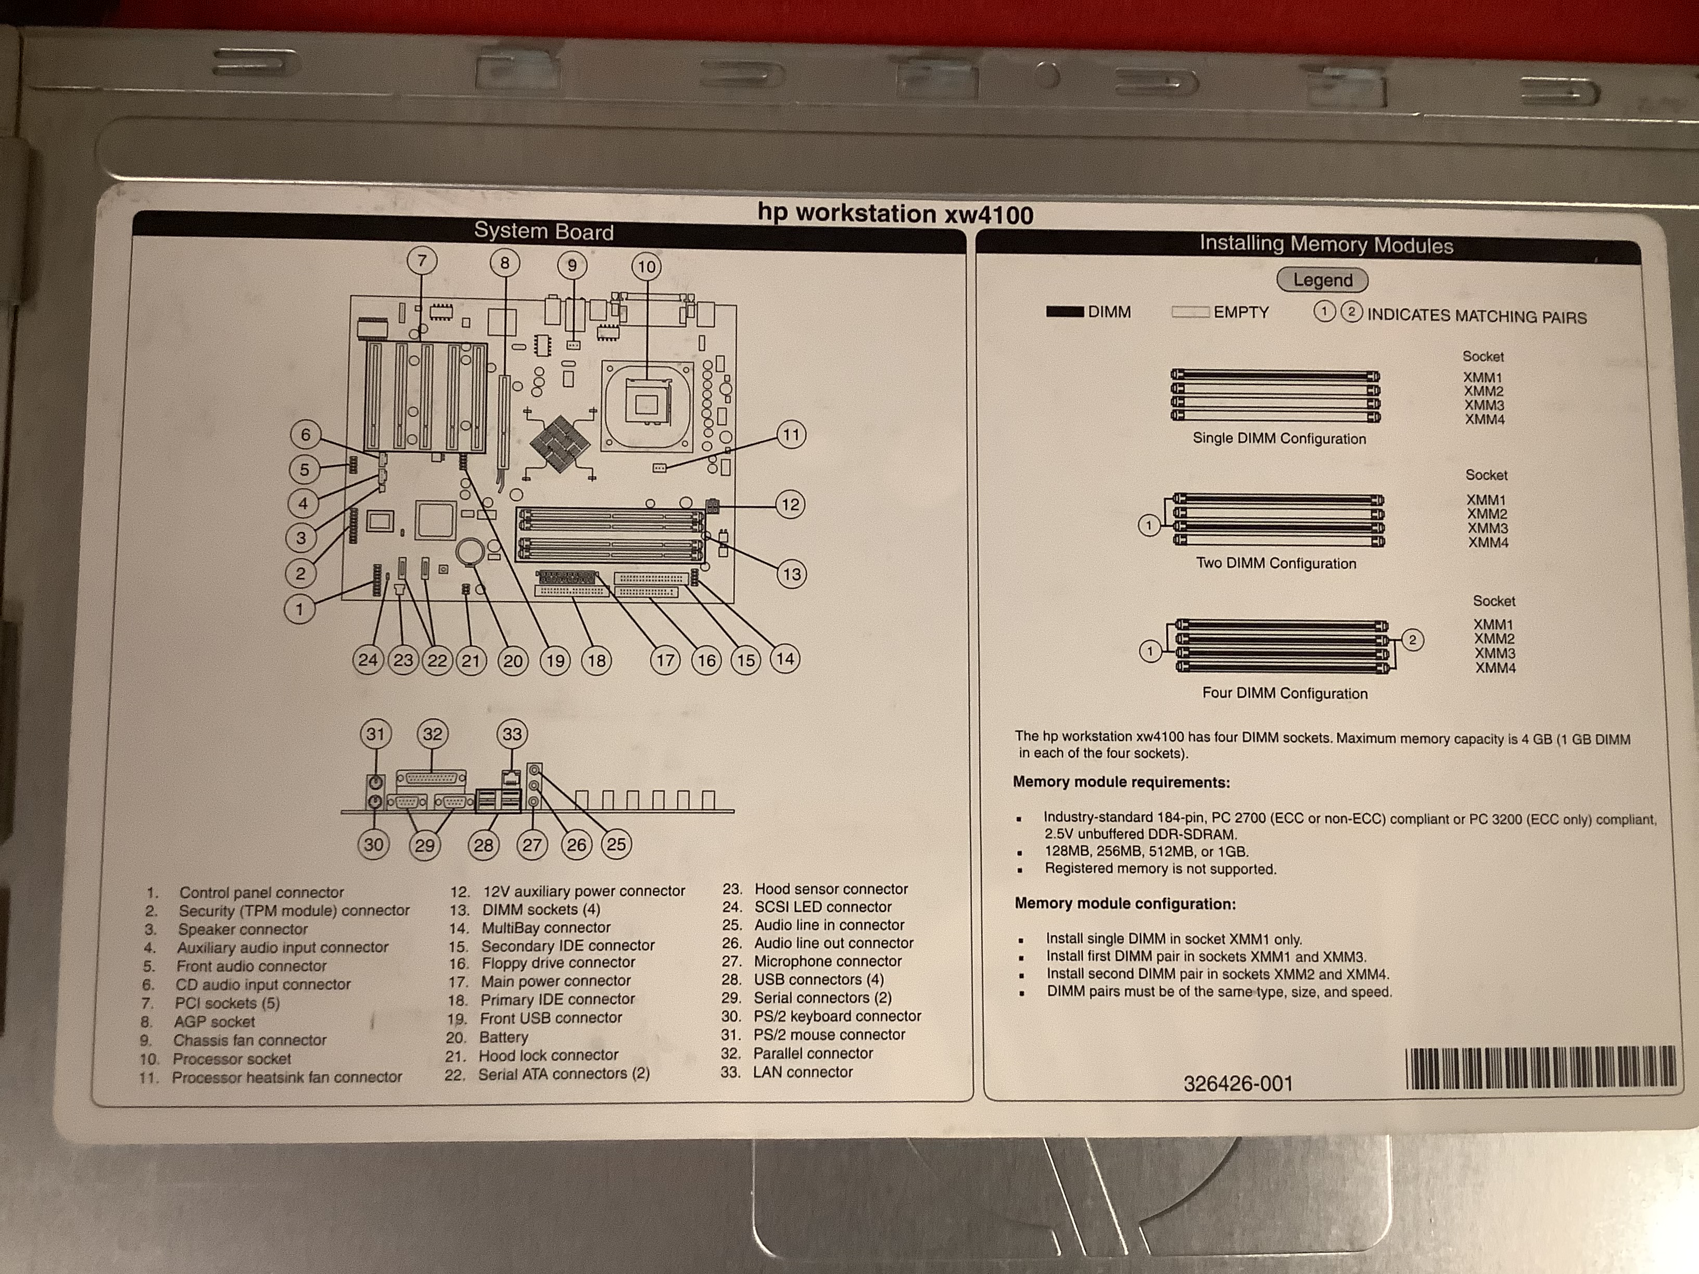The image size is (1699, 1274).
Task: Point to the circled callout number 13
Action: pyautogui.click(x=791, y=575)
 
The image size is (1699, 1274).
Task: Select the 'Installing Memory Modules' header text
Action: pyautogui.click(x=1326, y=245)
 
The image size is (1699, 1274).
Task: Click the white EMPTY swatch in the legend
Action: pyautogui.click(x=1190, y=312)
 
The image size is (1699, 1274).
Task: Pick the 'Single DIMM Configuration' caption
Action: pyautogui.click(x=1279, y=439)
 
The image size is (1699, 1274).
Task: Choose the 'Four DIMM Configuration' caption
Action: pyautogui.click(x=1284, y=693)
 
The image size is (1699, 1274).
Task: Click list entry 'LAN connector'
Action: pyautogui.click(x=803, y=1072)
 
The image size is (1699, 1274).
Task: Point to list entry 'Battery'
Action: pyautogui.click(x=503, y=1037)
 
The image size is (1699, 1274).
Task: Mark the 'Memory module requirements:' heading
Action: pyautogui.click(x=1121, y=783)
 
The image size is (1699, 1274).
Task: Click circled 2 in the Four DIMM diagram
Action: pyautogui.click(x=1412, y=640)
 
